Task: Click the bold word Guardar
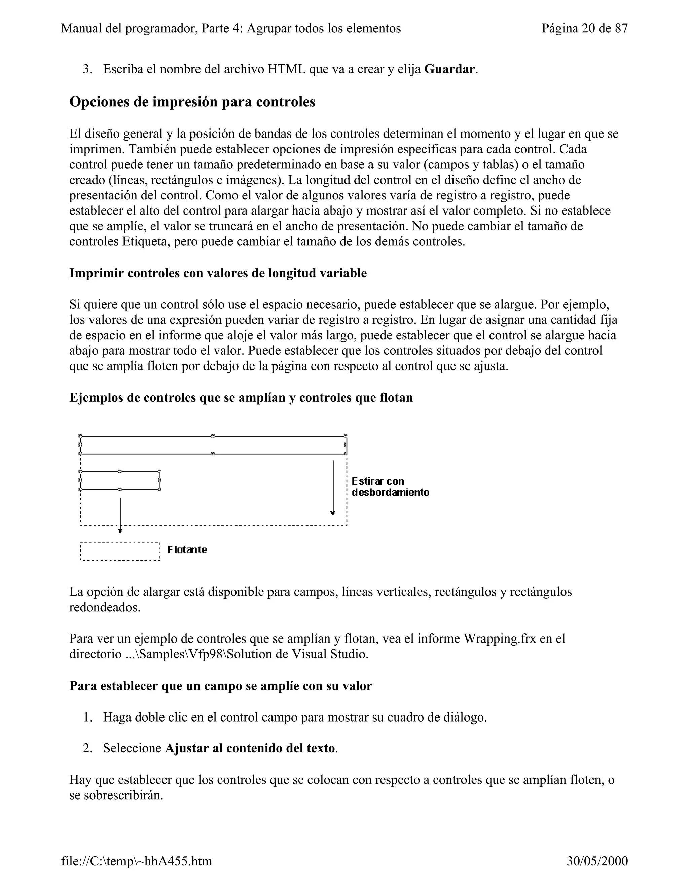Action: point(450,69)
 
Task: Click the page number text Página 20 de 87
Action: point(584,28)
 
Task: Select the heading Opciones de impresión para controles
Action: point(192,102)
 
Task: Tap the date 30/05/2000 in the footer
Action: point(597,861)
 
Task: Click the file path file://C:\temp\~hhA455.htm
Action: point(137,861)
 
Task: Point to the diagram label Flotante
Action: point(187,550)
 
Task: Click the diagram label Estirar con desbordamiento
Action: point(390,487)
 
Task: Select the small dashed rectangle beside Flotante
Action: point(120,551)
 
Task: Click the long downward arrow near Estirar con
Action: point(333,488)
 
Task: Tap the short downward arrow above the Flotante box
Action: point(120,515)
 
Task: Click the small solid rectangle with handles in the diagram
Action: point(120,480)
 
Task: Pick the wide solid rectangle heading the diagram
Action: point(213,445)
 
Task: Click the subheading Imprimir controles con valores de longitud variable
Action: point(218,273)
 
